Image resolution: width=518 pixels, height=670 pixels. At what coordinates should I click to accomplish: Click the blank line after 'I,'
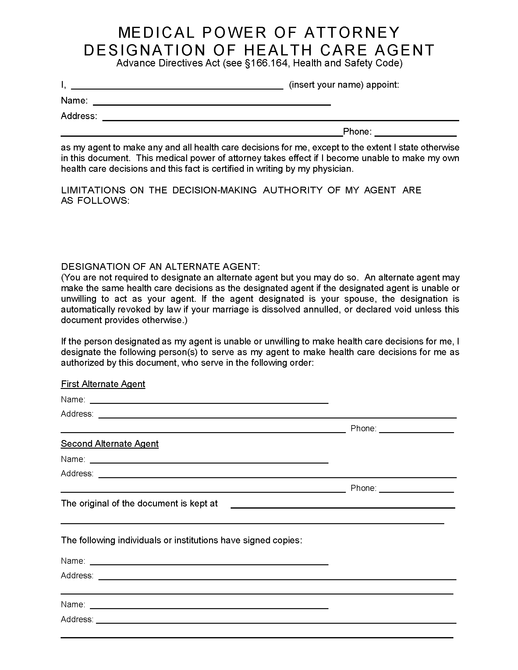point(177,86)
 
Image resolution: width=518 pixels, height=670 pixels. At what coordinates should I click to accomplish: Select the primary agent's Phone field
point(416,132)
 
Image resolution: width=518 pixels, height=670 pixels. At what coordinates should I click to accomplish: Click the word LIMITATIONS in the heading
point(93,190)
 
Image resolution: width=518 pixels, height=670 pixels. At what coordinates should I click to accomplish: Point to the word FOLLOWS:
point(103,201)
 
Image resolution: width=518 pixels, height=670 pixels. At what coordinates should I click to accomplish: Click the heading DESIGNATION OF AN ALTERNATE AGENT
point(160,266)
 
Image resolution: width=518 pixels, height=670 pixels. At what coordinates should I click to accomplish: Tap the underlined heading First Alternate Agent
point(103,384)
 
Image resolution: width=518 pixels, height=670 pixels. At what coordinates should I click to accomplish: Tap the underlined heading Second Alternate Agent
point(110,444)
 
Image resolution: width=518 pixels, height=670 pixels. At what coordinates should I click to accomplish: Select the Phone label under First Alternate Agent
point(363,428)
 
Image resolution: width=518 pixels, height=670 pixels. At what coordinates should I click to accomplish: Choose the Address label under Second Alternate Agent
point(77,474)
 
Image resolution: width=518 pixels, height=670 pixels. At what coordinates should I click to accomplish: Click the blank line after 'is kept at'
point(342,504)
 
